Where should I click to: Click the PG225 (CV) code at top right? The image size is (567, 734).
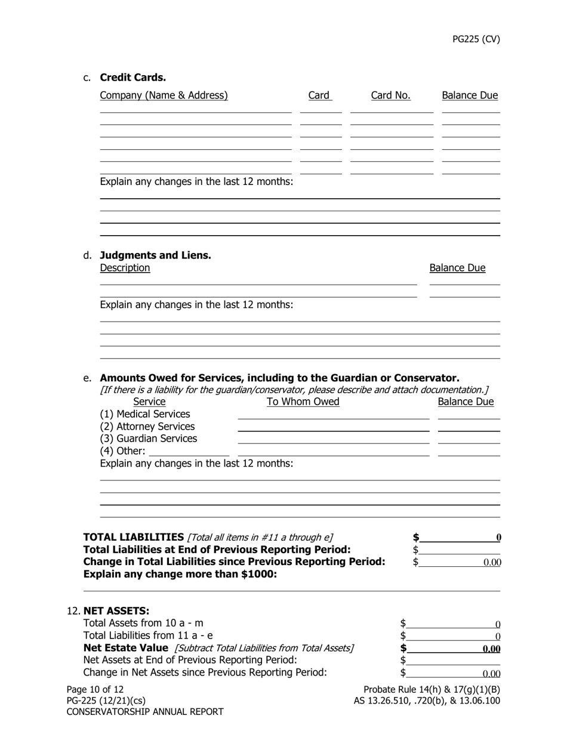[x=476, y=39]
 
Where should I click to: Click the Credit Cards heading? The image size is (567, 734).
[x=132, y=78]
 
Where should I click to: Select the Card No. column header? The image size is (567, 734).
[x=390, y=95]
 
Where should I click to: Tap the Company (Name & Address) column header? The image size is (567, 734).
[x=164, y=95]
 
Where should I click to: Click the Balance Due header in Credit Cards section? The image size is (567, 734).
[x=469, y=95]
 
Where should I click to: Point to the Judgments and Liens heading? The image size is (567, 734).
[x=155, y=255]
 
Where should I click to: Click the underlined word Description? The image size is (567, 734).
[x=125, y=268]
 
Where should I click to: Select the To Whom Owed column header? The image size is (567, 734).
[x=303, y=402]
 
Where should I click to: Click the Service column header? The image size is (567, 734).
[x=149, y=402]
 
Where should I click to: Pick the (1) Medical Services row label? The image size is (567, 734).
[x=145, y=414]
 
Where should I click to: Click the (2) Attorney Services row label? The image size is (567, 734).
[x=147, y=427]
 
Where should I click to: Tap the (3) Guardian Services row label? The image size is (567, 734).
[x=148, y=439]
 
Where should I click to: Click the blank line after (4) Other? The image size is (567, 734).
[x=189, y=452]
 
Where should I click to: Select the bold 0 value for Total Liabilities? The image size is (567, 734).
[x=498, y=538]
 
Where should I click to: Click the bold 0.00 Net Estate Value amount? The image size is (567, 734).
[x=491, y=649]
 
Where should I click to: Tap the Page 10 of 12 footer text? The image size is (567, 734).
[x=95, y=690]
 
